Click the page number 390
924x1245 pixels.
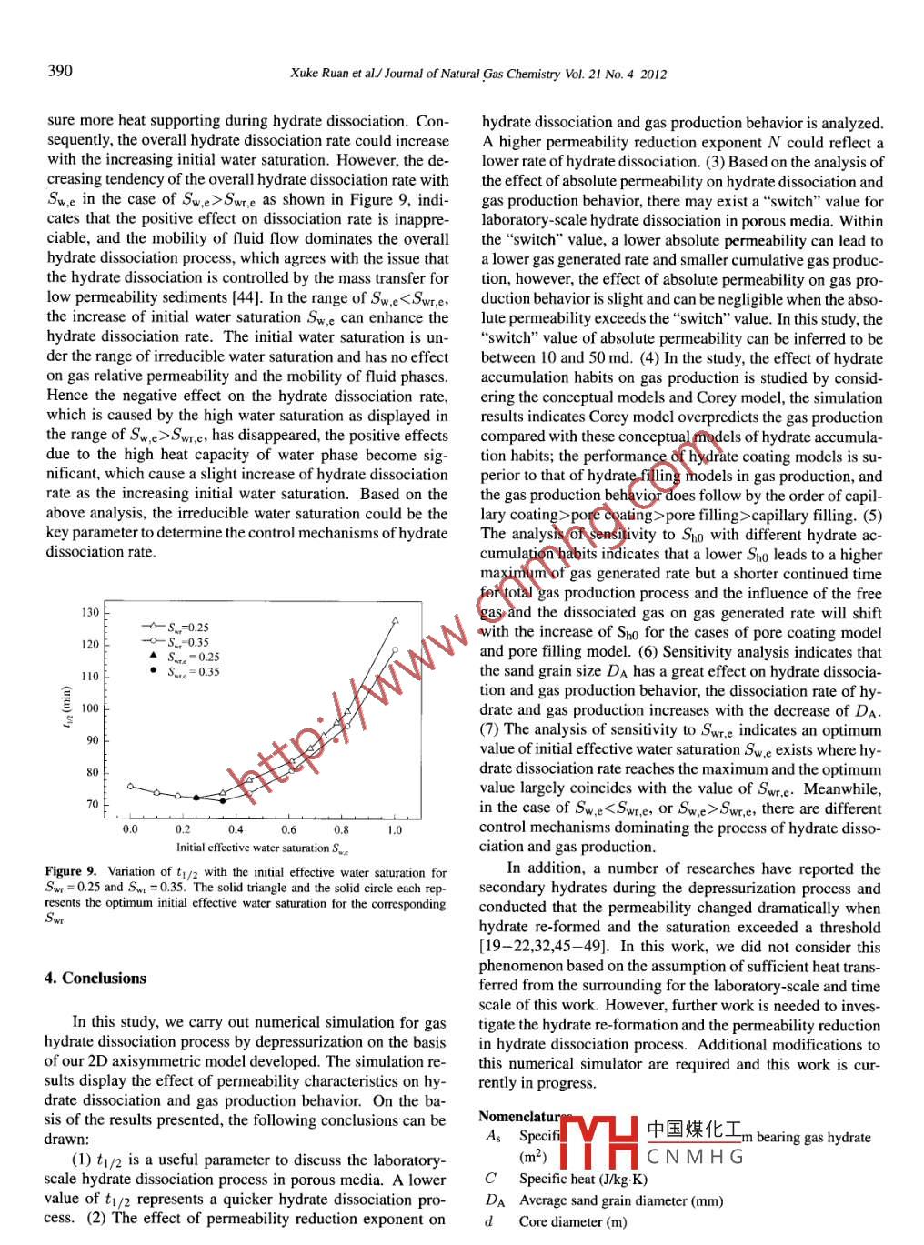tap(60, 71)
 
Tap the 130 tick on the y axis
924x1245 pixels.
tap(91, 612)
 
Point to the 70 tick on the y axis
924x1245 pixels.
tap(93, 804)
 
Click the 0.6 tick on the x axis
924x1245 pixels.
tap(288, 829)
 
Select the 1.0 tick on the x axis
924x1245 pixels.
tap(395, 829)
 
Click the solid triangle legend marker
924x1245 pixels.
tap(153, 656)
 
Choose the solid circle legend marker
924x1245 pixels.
tap(153, 671)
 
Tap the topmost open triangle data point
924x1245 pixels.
tap(395, 620)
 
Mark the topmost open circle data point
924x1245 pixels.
tap(395, 650)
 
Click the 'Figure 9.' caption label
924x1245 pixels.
tap(71, 872)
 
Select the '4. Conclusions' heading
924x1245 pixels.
tap(95, 979)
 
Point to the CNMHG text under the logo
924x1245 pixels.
tap(696, 1157)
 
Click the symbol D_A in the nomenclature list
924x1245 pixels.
tap(494, 1200)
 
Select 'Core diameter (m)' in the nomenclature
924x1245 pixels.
tap(573, 1221)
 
